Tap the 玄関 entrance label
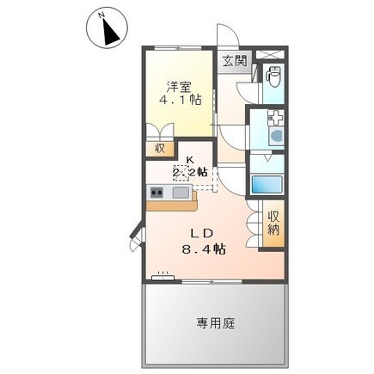click(x=234, y=60)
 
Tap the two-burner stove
click(x=156, y=192)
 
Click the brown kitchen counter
click(x=172, y=205)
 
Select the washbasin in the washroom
click(x=276, y=134)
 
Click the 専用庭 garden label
click(x=215, y=323)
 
